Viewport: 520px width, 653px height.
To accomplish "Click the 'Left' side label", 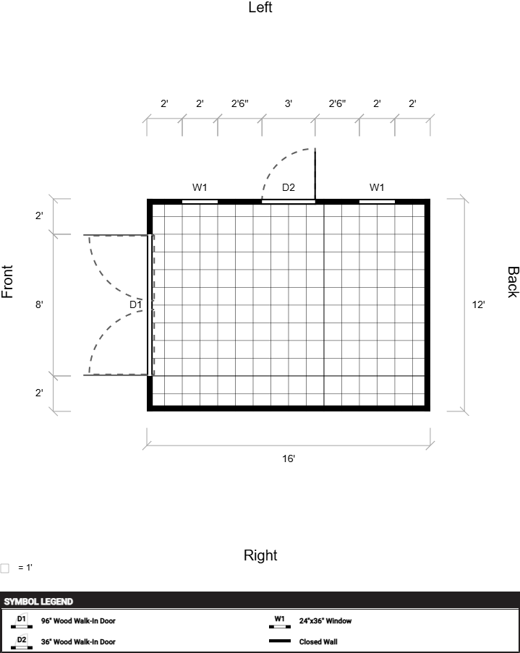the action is pos(260,7).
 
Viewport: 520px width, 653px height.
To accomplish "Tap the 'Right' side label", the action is pos(260,555).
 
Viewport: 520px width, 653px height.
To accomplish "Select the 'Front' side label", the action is pos(7,281).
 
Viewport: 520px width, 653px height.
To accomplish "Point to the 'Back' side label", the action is pos(513,282).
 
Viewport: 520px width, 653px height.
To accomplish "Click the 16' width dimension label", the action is pos(289,458).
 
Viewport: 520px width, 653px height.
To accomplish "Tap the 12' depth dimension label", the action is pos(478,304).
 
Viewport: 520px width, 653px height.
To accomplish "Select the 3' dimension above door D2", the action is pos(289,103).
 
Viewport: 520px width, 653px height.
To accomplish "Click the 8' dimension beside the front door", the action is pos(39,304).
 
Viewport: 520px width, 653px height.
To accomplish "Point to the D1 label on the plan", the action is pos(135,304).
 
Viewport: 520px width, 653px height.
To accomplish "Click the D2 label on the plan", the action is pos(289,187).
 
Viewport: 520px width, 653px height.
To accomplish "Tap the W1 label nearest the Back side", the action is pos(377,187).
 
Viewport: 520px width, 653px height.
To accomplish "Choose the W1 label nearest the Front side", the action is pos(200,187).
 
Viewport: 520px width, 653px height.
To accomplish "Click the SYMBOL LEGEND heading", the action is pos(38,602).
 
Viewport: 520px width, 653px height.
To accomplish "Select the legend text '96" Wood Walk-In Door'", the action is pos(78,620).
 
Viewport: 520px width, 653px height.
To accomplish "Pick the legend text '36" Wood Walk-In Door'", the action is pos(78,641).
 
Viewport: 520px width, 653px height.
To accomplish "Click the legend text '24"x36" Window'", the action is pos(325,620).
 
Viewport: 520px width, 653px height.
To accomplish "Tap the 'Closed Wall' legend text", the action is pos(318,641).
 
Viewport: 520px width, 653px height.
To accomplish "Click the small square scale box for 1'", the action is pos(4,568).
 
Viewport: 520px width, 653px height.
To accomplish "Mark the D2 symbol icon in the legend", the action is pos(21,642).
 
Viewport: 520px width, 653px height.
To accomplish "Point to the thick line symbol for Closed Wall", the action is pos(280,641).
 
